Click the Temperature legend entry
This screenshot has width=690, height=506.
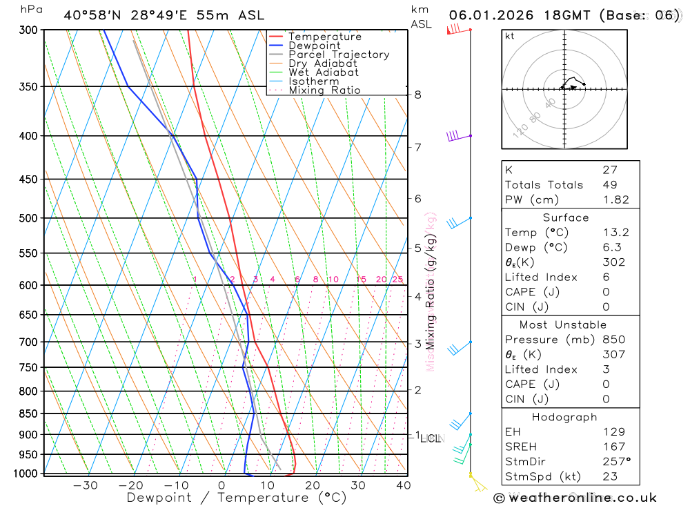pyautogui.click(x=324, y=37)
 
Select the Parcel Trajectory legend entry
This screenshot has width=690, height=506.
pyautogui.click(x=339, y=55)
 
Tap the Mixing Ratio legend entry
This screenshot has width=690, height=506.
pyautogui.click(x=324, y=90)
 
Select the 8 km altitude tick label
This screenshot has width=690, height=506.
pyautogui.click(x=418, y=95)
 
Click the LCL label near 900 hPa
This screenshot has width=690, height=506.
pyautogui.click(x=431, y=438)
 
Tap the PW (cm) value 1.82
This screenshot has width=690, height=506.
pyautogui.click(x=615, y=200)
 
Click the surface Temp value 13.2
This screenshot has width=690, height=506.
pyautogui.click(x=615, y=233)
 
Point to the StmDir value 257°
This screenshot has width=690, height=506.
pyautogui.click(x=616, y=462)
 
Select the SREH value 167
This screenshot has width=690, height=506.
pyautogui.click(x=613, y=447)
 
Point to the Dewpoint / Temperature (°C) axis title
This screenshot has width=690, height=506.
pyautogui.click(x=237, y=498)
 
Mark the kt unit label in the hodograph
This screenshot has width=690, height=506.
pyautogui.click(x=510, y=36)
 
